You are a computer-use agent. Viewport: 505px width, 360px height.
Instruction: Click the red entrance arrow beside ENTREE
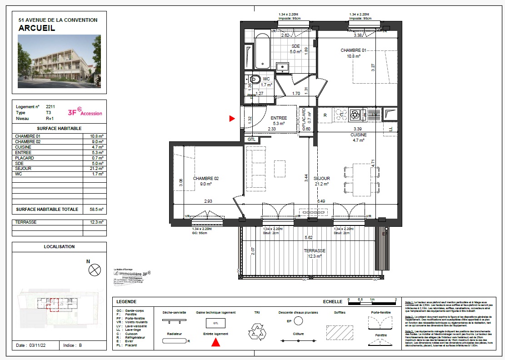pos(232,119)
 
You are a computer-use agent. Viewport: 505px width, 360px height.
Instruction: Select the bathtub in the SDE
pos(263,51)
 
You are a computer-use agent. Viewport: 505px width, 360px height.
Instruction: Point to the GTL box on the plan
pos(251,139)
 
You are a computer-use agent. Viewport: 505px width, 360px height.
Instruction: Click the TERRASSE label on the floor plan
pos(315,251)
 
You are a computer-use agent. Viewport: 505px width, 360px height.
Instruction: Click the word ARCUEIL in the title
pos(37,28)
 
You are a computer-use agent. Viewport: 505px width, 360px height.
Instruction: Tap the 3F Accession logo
pos(85,112)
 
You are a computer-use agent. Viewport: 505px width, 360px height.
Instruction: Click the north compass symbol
pos(95,270)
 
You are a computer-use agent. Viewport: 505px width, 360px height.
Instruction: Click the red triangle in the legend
pos(216,343)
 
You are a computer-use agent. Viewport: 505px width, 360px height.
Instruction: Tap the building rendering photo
pos(59,63)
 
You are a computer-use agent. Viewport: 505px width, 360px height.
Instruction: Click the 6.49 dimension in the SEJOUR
pos(321,201)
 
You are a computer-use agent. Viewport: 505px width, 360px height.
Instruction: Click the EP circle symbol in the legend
pos(298,321)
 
